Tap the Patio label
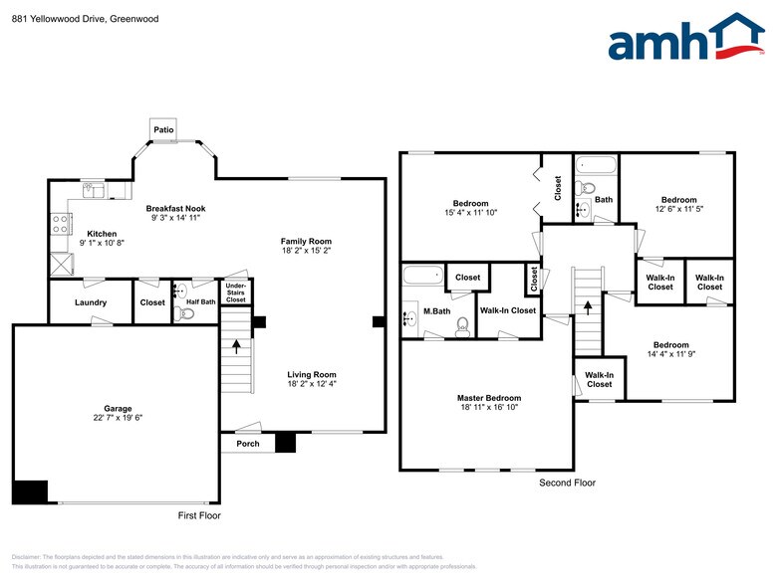[x=163, y=129]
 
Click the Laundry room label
[x=91, y=302]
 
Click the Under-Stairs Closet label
[x=236, y=292]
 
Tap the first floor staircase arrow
[x=236, y=346]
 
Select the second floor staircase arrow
[x=588, y=307]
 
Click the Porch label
[x=247, y=444]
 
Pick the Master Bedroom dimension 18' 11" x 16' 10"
[x=490, y=408]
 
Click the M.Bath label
[x=435, y=311]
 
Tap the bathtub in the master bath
[x=423, y=275]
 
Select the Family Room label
[x=306, y=242]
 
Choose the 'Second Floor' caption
[x=567, y=483]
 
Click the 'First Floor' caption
[x=199, y=515]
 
